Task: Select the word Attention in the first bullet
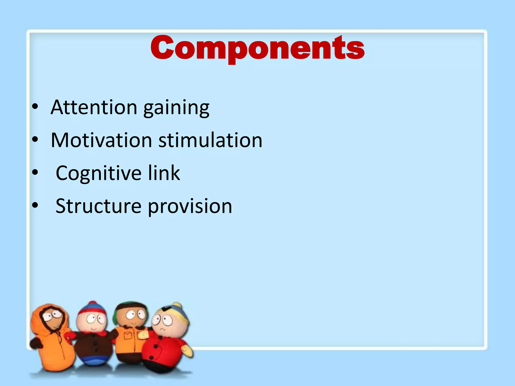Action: [x=94, y=108]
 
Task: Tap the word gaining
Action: [x=176, y=108]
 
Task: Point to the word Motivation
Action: [x=101, y=140]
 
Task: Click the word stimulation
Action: [x=210, y=140]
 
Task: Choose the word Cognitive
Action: [x=99, y=173]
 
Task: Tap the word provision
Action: [x=190, y=207]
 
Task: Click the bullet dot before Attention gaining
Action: [x=35, y=107]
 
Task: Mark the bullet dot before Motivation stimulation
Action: [x=35, y=140]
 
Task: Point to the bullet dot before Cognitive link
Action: [x=35, y=173]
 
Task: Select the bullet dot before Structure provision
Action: [x=35, y=206]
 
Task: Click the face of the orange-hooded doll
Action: [x=53, y=319]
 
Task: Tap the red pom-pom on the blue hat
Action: [x=92, y=303]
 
